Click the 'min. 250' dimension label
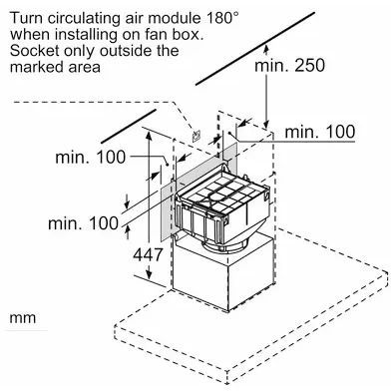pos(289,66)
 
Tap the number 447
pos(148,254)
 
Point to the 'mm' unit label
pos(23,318)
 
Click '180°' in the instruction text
pos(222,18)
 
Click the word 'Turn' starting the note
pos(26,18)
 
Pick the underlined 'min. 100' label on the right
pos(320,132)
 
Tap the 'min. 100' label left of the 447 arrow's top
pos(91,157)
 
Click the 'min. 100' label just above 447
pos(84,223)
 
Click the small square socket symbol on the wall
pos(196,136)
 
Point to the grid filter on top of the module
pos(221,195)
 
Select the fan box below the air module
pos(222,272)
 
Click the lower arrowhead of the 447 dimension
pos(149,273)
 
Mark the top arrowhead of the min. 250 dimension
pos(266,51)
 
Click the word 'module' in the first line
pos(174,18)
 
